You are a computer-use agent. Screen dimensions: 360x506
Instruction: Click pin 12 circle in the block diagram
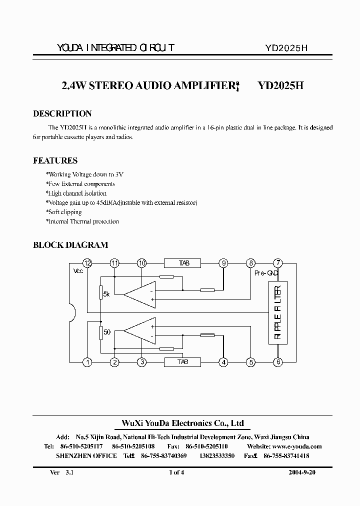[87, 263]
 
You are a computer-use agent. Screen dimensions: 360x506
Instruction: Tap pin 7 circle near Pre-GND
[278, 263]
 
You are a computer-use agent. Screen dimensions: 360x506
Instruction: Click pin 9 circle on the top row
[223, 263]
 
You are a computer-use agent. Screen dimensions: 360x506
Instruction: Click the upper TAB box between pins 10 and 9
[182, 263]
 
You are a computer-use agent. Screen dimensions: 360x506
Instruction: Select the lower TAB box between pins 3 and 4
[182, 362]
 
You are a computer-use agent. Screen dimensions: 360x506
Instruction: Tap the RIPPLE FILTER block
[278, 312]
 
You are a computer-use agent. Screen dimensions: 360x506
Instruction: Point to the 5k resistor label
[106, 294]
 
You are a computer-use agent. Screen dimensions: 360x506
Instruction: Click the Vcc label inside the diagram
[78, 270]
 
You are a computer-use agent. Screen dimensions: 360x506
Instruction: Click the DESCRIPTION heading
[62, 113]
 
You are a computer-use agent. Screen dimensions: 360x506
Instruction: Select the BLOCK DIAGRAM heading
[70, 245]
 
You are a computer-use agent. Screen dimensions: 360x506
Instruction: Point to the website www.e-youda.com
[297, 446]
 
